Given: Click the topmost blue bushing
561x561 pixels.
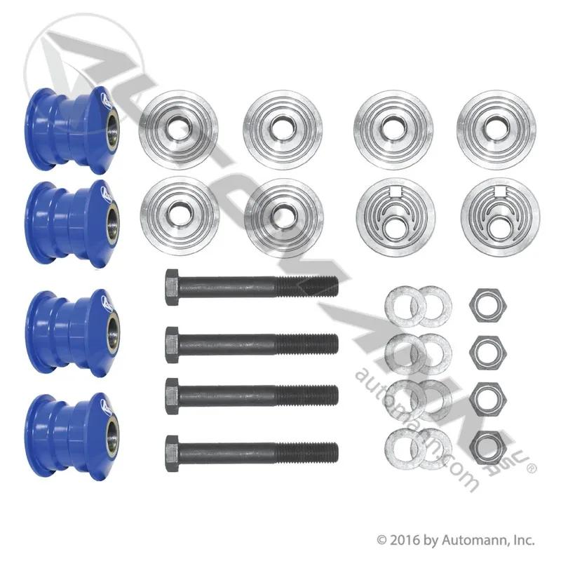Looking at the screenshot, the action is (x=73, y=130).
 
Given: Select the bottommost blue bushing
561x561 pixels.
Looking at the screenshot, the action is (x=73, y=437).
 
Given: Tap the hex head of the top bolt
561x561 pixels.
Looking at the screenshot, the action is (x=172, y=288).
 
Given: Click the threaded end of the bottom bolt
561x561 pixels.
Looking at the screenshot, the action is (x=307, y=453).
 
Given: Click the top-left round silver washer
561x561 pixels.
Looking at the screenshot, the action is (x=178, y=129).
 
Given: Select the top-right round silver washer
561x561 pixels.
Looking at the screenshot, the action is (x=496, y=129).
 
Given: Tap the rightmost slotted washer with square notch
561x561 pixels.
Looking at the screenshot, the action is (x=500, y=217).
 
